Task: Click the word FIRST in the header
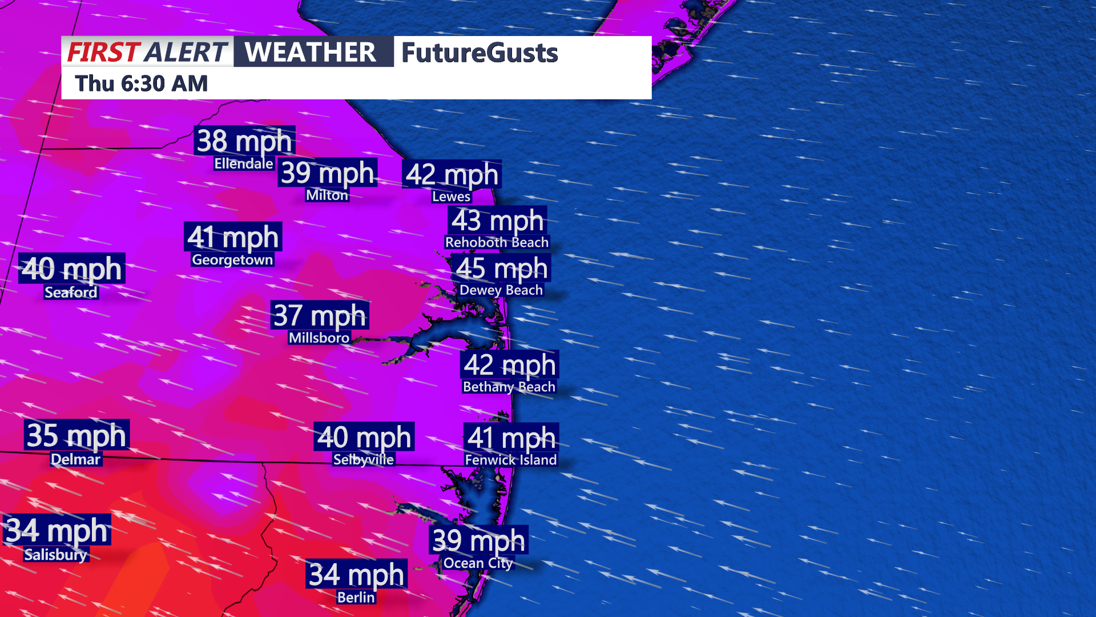pyautogui.click(x=103, y=52)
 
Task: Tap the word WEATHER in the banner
pyautogui.click(x=311, y=52)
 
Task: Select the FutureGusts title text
pyautogui.click(x=479, y=53)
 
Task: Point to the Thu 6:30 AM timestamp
pyautogui.click(x=142, y=83)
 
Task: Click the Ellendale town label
pyautogui.click(x=244, y=164)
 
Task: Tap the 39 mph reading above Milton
pyautogui.click(x=328, y=173)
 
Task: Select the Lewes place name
pyautogui.click(x=451, y=197)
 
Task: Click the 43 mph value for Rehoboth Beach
pyautogui.click(x=498, y=221)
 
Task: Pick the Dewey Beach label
pyautogui.click(x=501, y=290)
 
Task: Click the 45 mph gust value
pyautogui.click(x=502, y=268)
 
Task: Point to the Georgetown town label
pyautogui.click(x=232, y=260)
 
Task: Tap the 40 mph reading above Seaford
pyautogui.click(x=72, y=269)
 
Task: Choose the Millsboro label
pyautogui.click(x=319, y=338)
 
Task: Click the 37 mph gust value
pyautogui.click(x=320, y=315)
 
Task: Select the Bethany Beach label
pyautogui.click(x=509, y=387)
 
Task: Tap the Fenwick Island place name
pyautogui.click(x=511, y=460)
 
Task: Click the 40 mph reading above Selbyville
pyautogui.click(x=364, y=437)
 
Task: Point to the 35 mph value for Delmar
pyautogui.click(x=76, y=435)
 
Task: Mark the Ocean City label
pyautogui.click(x=478, y=563)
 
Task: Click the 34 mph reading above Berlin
pyautogui.click(x=357, y=574)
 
